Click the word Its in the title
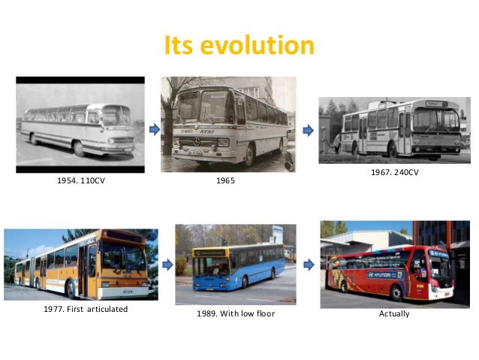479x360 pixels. (x=182, y=46)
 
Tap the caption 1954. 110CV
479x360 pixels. (x=81, y=180)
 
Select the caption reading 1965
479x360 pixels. (x=225, y=180)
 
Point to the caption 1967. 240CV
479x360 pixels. (x=394, y=173)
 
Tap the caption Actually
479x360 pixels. (x=394, y=313)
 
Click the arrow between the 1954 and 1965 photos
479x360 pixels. (x=155, y=130)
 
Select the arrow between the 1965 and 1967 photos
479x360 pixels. (x=307, y=130)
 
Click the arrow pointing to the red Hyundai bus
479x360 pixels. (x=309, y=263)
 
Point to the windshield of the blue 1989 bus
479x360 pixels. (x=212, y=265)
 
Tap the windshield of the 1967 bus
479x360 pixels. (x=436, y=120)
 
